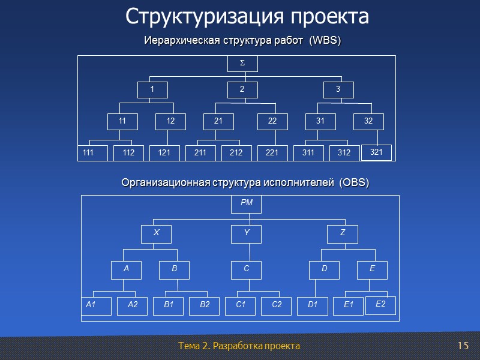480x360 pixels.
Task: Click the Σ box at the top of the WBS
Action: (242, 63)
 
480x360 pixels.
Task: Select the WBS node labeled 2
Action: (242, 90)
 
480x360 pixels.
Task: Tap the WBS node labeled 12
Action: (170, 122)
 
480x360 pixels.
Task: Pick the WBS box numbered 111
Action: (93, 153)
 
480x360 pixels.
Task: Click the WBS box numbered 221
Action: (272, 153)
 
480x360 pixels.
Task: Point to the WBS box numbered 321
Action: (376, 152)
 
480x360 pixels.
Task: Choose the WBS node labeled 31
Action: (320, 122)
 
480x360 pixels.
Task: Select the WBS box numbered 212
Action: (236, 153)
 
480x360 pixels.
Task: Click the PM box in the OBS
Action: (247, 205)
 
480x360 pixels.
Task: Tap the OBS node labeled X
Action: (156, 233)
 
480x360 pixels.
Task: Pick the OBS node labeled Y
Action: (247, 233)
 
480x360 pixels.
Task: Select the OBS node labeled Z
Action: (343, 233)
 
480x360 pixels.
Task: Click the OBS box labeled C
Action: (247, 271)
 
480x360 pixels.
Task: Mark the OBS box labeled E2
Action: (380, 305)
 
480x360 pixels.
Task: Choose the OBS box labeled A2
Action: (133, 305)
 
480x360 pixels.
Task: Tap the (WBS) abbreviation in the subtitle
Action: (325, 41)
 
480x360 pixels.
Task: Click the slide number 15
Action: (462, 346)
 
